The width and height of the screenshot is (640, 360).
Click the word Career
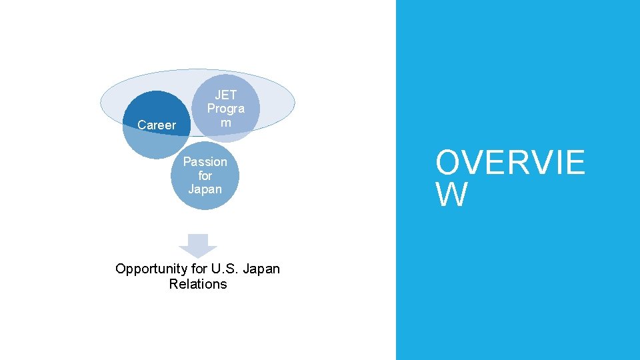point(157,125)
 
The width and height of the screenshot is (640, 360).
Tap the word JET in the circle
point(225,95)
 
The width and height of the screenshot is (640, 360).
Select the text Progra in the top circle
point(225,109)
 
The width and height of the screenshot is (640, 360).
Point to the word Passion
point(205,162)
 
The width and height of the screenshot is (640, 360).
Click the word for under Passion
point(205,176)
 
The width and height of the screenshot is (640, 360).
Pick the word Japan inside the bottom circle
point(205,189)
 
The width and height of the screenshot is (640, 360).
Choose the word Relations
point(198,284)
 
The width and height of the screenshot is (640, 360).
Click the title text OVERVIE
point(510,163)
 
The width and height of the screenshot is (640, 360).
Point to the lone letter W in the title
point(451,194)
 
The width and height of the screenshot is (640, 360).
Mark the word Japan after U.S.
point(261,269)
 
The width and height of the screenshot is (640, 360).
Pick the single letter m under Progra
point(225,123)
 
